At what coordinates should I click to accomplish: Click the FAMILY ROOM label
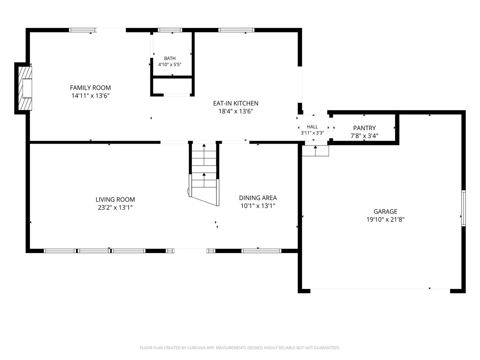[90, 88]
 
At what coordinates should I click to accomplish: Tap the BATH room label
[170, 58]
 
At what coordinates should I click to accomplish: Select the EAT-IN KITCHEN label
[236, 103]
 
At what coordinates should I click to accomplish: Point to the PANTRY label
[364, 128]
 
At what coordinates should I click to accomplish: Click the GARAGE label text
[385, 211]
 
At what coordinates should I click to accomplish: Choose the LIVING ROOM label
[115, 199]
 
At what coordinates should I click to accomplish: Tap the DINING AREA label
[258, 198]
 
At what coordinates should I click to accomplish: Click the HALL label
[312, 127]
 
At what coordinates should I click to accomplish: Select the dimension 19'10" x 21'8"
[385, 219]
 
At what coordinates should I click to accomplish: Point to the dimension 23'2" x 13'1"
[115, 207]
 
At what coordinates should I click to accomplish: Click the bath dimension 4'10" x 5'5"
[170, 64]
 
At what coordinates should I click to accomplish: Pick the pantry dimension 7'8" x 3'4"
[364, 136]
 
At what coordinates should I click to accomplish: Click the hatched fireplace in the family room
[25, 88]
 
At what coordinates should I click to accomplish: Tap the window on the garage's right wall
[463, 208]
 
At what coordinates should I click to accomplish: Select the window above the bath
[170, 30]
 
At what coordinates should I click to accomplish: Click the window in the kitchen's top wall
[236, 30]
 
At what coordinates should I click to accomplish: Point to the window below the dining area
[261, 251]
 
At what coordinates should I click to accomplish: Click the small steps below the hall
[315, 151]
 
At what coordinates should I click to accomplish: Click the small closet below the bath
[172, 86]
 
